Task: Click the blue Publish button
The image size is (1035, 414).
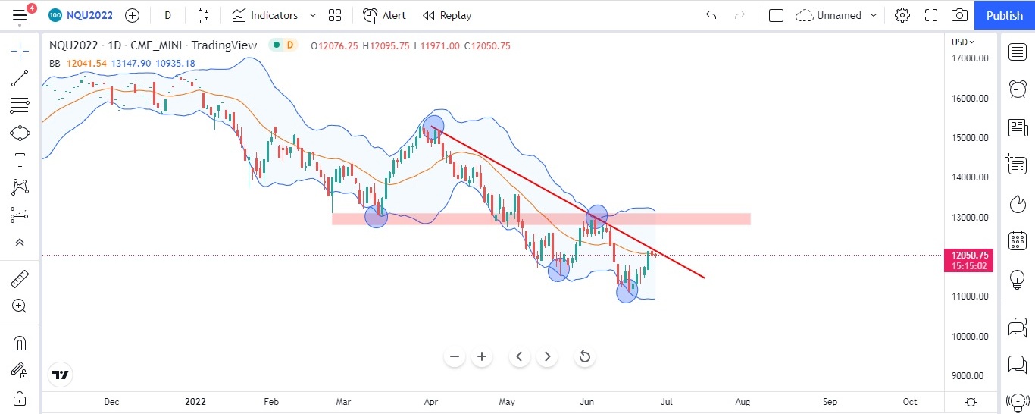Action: (x=1004, y=15)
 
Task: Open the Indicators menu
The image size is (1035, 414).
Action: (x=265, y=15)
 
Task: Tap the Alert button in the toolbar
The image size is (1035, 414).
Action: (x=384, y=15)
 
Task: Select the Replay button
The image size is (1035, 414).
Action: (x=447, y=15)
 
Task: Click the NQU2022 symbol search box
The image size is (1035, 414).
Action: (x=86, y=15)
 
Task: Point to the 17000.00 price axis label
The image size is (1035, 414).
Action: (x=970, y=58)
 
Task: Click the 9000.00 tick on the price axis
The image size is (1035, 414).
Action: (x=970, y=376)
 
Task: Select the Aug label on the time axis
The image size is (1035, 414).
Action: (x=743, y=402)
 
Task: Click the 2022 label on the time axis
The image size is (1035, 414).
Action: (x=195, y=402)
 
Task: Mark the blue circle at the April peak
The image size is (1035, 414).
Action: (x=433, y=126)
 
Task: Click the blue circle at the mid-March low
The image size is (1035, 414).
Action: (x=377, y=216)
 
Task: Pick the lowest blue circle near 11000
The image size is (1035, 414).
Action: (x=627, y=291)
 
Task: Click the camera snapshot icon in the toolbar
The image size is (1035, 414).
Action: (x=959, y=15)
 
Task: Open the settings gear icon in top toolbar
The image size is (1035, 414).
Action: (x=902, y=15)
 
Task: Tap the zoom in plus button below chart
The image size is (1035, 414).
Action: (x=482, y=356)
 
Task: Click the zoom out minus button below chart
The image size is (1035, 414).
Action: (x=455, y=356)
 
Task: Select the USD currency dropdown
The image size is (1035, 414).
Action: (x=963, y=42)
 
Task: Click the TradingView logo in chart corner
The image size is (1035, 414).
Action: (x=61, y=375)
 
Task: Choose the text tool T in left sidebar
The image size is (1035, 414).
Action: (x=20, y=160)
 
